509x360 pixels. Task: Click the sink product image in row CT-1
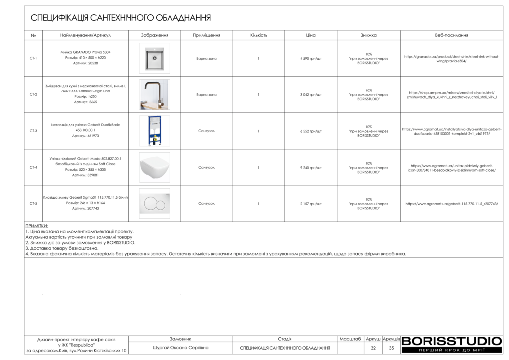click(x=154, y=58)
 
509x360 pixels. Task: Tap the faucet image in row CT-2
click(x=154, y=94)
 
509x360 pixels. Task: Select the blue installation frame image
click(x=154, y=131)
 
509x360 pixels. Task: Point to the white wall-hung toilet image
click(x=154, y=167)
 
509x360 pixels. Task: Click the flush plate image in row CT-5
click(x=154, y=203)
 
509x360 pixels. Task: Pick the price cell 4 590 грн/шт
click(x=311, y=58)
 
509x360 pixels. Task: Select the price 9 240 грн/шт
click(x=311, y=168)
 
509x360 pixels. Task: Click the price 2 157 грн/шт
click(x=311, y=204)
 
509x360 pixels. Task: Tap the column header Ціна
click(x=311, y=35)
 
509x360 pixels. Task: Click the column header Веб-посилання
click(x=451, y=35)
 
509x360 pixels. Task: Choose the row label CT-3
click(x=33, y=131)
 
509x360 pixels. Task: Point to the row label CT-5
click(x=33, y=204)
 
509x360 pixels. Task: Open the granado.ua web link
click(x=451, y=59)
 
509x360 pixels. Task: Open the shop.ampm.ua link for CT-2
click(x=451, y=95)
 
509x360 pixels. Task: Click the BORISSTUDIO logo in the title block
click(x=451, y=341)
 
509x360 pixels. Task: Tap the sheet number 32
click(x=373, y=348)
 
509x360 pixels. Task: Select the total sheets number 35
click(x=391, y=348)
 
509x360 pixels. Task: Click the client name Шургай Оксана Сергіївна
click(x=180, y=348)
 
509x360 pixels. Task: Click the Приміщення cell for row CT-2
click(x=206, y=94)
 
